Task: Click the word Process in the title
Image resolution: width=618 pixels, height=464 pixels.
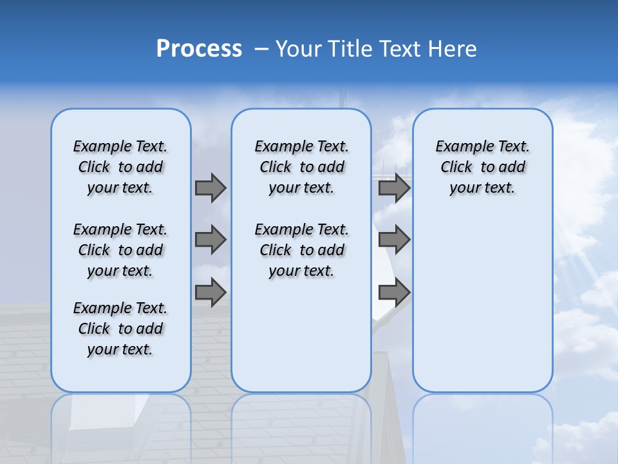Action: [x=199, y=49]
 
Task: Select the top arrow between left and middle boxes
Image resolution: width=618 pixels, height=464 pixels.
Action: [x=211, y=188]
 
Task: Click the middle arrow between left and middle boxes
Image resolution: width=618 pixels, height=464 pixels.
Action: [x=211, y=240]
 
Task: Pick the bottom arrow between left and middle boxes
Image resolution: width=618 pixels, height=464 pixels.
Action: [x=211, y=292]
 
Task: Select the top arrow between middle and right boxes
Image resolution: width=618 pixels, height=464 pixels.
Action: [x=394, y=188]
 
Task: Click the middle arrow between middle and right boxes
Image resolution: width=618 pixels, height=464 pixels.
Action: [x=394, y=240]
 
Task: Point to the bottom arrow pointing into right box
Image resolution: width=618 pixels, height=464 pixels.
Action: [x=394, y=292]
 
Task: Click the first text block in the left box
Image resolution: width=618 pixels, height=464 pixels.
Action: [x=120, y=167]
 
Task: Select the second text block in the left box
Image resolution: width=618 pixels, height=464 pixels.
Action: [x=120, y=250]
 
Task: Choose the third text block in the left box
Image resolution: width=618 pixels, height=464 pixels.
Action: [x=120, y=329]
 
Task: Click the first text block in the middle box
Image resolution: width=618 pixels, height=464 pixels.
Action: [x=301, y=167]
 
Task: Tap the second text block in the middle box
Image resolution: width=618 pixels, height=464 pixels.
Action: [x=301, y=250]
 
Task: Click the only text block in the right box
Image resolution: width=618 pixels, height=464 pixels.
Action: [x=482, y=167]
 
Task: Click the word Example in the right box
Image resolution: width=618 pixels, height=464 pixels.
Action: [x=460, y=146]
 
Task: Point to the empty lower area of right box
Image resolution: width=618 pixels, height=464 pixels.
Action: [x=482, y=303]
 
